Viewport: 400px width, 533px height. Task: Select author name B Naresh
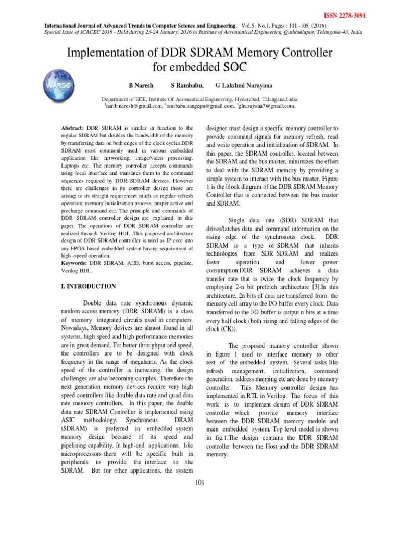(x=142, y=85)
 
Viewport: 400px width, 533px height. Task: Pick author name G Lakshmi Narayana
(x=244, y=85)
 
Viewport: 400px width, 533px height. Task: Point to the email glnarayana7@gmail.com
(x=267, y=106)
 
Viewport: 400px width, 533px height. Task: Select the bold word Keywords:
(x=71, y=263)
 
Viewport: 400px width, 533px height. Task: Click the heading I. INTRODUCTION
(x=85, y=286)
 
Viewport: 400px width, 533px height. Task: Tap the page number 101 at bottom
(x=199, y=482)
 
